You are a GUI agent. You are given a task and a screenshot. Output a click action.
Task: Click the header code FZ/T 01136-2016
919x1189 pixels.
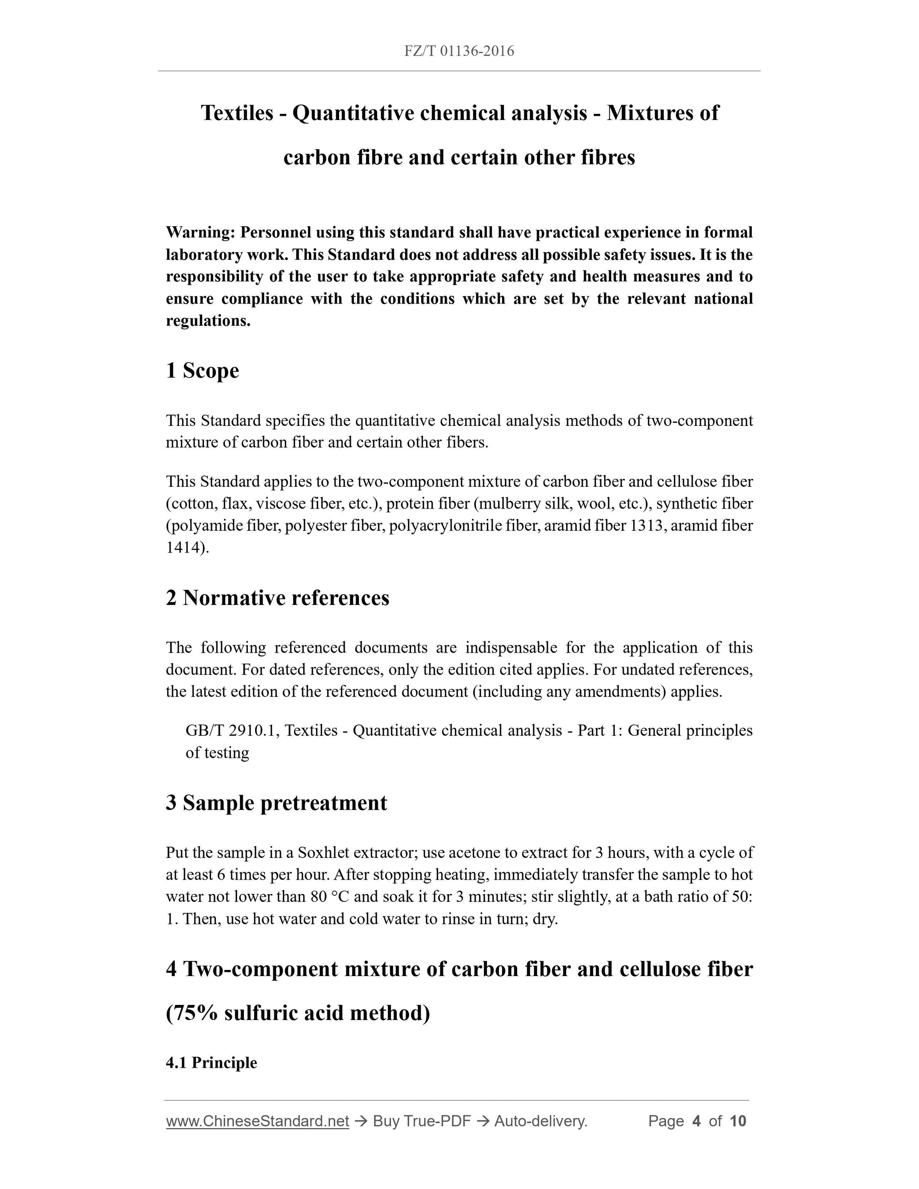point(459,51)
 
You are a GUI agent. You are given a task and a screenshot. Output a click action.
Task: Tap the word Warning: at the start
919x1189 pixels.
point(200,233)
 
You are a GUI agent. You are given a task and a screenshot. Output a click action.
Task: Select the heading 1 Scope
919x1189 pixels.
point(203,371)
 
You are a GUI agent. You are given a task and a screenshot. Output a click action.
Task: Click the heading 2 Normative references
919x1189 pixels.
point(278,598)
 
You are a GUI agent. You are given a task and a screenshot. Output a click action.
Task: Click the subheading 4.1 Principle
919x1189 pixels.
point(211,1063)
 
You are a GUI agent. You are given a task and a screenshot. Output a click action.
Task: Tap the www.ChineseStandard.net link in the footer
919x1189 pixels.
point(257,1121)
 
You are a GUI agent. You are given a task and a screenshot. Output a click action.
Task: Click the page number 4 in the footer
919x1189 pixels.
point(696,1121)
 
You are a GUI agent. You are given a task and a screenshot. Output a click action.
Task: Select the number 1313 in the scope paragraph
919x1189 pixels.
point(645,526)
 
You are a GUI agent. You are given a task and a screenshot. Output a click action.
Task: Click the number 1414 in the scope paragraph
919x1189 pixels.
point(184,548)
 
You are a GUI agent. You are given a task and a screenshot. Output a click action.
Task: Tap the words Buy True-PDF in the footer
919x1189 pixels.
point(421,1121)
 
